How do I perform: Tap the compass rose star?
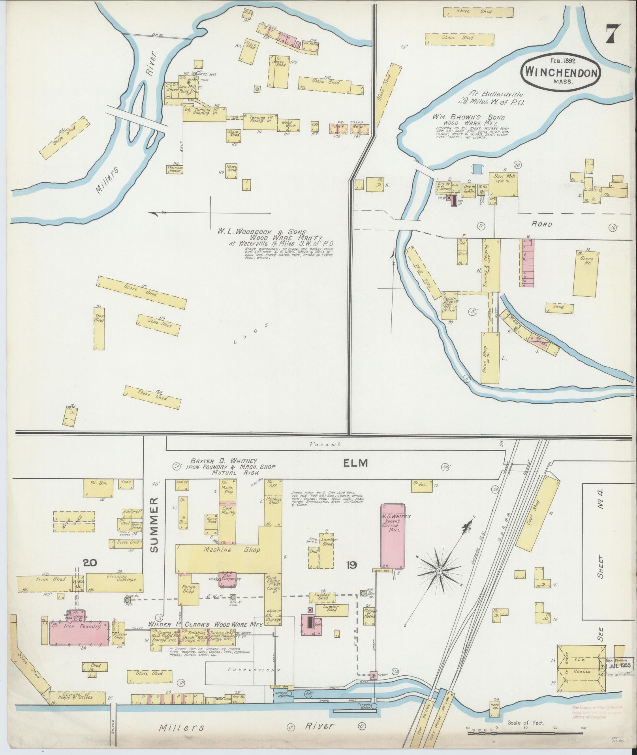[439, 571]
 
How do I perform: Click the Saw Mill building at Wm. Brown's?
[504, 184]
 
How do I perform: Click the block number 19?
[351, 565]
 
